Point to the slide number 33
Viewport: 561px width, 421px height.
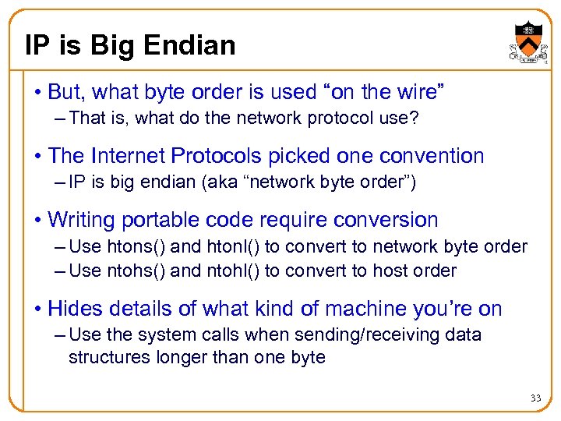click(535, 398)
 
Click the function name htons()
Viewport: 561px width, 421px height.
click(135, 247)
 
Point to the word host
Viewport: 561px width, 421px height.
click(396, 271)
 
